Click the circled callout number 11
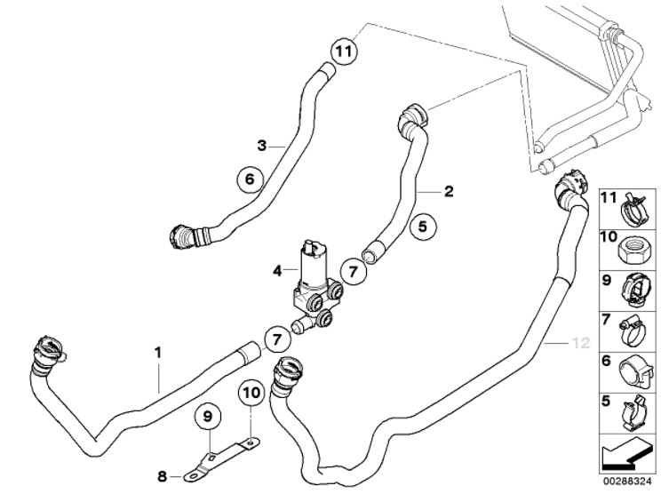tap(344, 50)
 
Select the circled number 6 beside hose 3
tap(250, 179)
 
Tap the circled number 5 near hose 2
tap(424, 227)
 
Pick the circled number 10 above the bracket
tap(250, 391)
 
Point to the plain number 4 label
tap(278, 267)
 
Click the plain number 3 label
tap(262, 145)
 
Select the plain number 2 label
tap(449, 191)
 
